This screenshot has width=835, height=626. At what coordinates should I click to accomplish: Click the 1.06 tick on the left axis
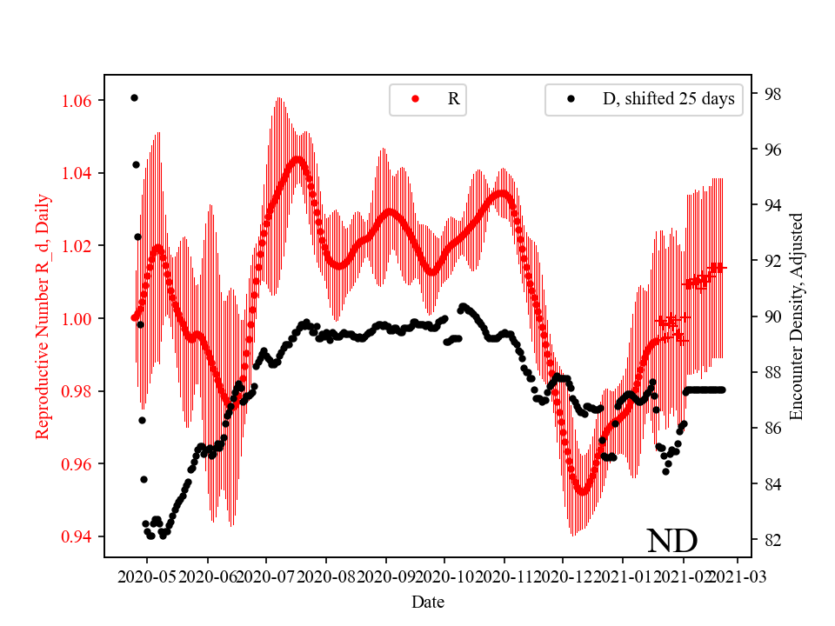click(82, 101)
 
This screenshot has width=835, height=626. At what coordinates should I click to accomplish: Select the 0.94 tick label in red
click(82, 536)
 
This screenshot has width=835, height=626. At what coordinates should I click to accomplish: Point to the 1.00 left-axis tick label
click(82, 318)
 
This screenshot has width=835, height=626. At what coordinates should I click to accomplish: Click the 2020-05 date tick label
click(147, 576)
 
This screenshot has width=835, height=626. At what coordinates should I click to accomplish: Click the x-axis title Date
click(427, 602)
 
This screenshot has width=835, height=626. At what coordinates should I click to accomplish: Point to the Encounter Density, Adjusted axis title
click(797, 316)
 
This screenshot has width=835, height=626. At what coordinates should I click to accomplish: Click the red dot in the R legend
click(415, 99)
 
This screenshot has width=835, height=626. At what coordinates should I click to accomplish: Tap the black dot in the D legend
click(571, 99)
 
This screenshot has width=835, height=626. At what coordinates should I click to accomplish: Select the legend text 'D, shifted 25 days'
click(668, 99)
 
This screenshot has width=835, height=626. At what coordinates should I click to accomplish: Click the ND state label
click(671, 541)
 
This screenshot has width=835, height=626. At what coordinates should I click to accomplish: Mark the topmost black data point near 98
click(134, 97)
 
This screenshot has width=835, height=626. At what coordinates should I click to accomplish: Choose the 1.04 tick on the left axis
click(82, 173)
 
